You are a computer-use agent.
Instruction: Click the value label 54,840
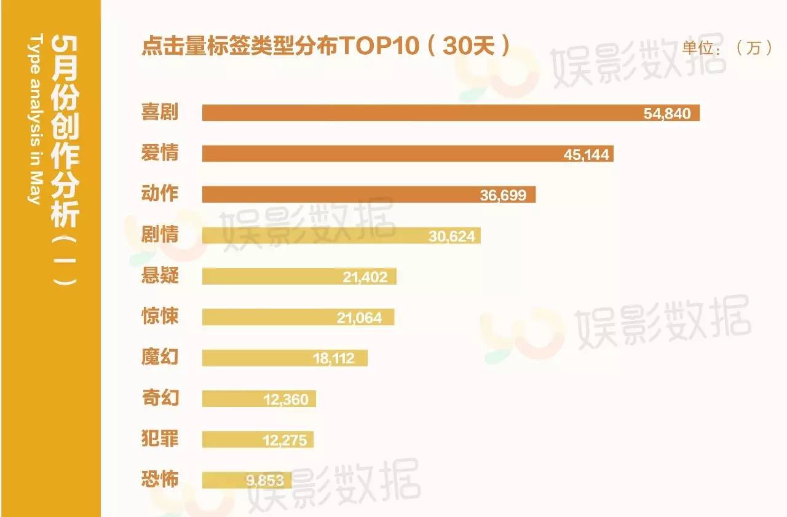click(x=667, y=114)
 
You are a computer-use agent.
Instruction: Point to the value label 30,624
click(x=452, y=235)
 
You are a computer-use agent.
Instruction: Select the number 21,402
click(x=365, y=277)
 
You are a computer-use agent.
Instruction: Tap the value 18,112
click(x=334, y=358)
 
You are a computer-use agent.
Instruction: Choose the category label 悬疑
click(x=160, y=275)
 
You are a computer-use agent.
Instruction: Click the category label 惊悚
click(x=160, y=316)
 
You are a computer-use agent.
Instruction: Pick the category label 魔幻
click(x=160, y=357)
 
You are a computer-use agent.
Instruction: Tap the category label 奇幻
click(x=160, y=397)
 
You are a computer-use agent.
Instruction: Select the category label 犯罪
click(x=160, y=438)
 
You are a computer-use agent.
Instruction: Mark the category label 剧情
click(x=160, y=234)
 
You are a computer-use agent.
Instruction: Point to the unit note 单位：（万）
click(x=727, y=48)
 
